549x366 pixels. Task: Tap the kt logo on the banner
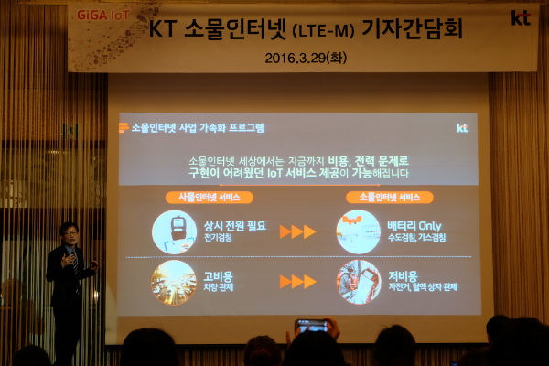(x=520, y=16)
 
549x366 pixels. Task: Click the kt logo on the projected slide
(x=462, y=127)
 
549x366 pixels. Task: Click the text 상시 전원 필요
(x=235, y=225)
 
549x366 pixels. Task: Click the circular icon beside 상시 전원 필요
(x=174, y=231)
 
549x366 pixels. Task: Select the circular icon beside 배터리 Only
(x=358, y=231)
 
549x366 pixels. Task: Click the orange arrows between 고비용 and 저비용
(x=297, y=281)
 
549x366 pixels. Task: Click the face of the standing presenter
(x=69, y=232)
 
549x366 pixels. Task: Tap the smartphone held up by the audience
(x=313, y=325)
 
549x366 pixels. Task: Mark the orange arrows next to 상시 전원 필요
(x=297, y=231)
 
